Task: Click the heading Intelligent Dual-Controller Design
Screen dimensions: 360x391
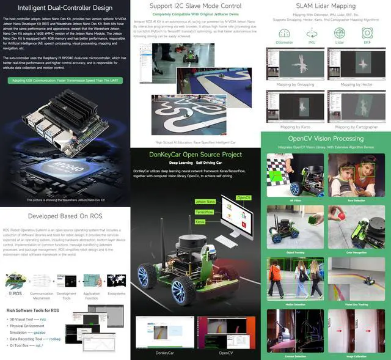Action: (x=65, y=8)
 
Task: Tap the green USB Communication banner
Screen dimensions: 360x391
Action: (x=65, y=80)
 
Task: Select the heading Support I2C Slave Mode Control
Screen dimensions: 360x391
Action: (x=195, y=6)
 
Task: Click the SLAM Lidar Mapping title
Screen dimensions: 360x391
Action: (x=325, y=6)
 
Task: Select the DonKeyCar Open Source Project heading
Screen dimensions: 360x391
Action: (x=195, y=155)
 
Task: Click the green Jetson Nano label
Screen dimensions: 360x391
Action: (x=206, y=201)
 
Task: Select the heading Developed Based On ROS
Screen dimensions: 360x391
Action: (x=65, y=216)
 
